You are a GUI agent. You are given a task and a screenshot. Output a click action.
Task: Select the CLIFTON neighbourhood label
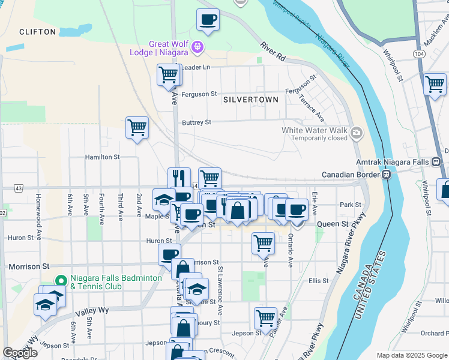[37, 32]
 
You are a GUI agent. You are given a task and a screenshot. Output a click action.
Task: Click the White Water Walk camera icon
[357, 131]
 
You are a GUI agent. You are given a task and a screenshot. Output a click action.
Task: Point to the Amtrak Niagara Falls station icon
[436, 162]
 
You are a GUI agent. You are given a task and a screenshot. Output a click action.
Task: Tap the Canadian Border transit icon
[388, 175]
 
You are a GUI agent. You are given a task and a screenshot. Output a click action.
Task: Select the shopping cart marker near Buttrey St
[137, 128]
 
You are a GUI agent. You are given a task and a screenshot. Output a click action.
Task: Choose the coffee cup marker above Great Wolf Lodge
[208, 20]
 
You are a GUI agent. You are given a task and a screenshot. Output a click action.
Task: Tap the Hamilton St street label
[103, 157]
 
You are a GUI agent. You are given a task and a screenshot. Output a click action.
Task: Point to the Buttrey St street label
[197, 122]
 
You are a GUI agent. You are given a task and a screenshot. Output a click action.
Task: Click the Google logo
[20, 353]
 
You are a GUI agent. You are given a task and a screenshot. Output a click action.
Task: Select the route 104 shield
[419, 54]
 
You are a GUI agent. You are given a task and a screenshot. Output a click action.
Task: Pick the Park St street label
[351, 205]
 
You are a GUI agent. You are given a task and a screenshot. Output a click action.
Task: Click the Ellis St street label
[319, 281]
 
